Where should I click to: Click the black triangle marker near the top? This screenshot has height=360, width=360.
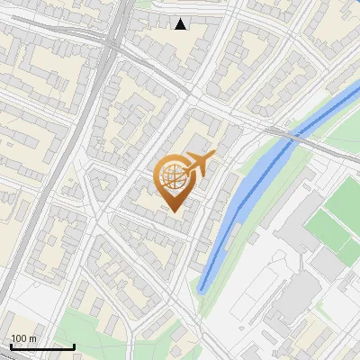(181, 24)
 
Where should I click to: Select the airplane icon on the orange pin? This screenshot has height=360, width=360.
(199, 164)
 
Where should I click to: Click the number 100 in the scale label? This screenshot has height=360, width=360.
(19, 338)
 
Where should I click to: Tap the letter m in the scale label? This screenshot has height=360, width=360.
(32, 338)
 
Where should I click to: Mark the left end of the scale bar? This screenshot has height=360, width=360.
(11, 346)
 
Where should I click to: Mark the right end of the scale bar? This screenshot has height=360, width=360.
(74, 346)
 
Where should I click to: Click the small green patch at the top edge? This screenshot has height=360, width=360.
(144, 4)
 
